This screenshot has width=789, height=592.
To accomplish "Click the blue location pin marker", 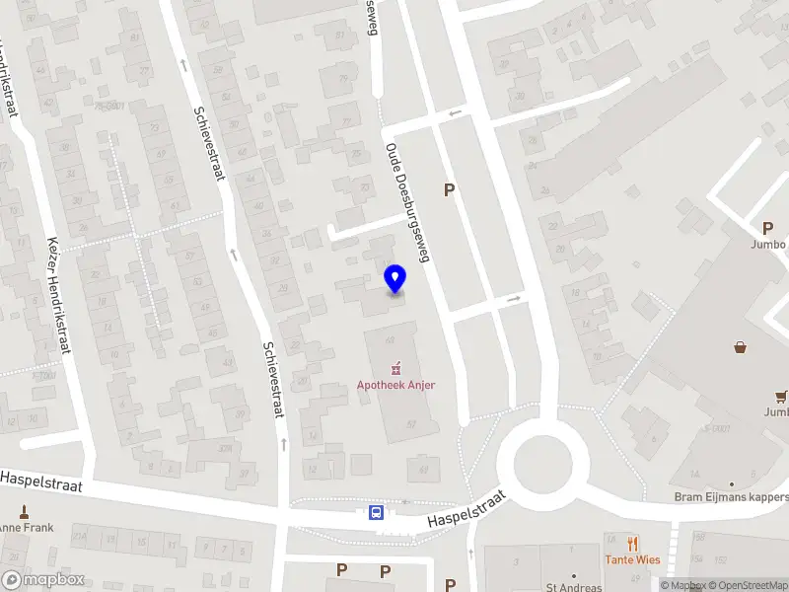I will point(395,279).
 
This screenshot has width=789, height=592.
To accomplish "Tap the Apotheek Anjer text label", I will point(396,385).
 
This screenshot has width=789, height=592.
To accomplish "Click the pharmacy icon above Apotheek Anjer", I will point(396,369).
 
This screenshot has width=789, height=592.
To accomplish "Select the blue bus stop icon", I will point(376,512).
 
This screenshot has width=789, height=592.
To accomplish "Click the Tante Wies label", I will point(632,559).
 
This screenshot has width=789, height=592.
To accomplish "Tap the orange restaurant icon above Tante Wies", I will point(632,543).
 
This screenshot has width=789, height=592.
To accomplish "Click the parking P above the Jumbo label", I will point(767,228).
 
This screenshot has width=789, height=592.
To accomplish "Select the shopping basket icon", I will point(740,346).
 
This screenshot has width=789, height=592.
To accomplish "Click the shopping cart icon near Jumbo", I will point(781,397).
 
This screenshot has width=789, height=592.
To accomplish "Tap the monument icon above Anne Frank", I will point(24,512).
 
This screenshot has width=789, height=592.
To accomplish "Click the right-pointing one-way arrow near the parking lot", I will point(514,297).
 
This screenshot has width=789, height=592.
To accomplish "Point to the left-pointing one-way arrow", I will point(455,113).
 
